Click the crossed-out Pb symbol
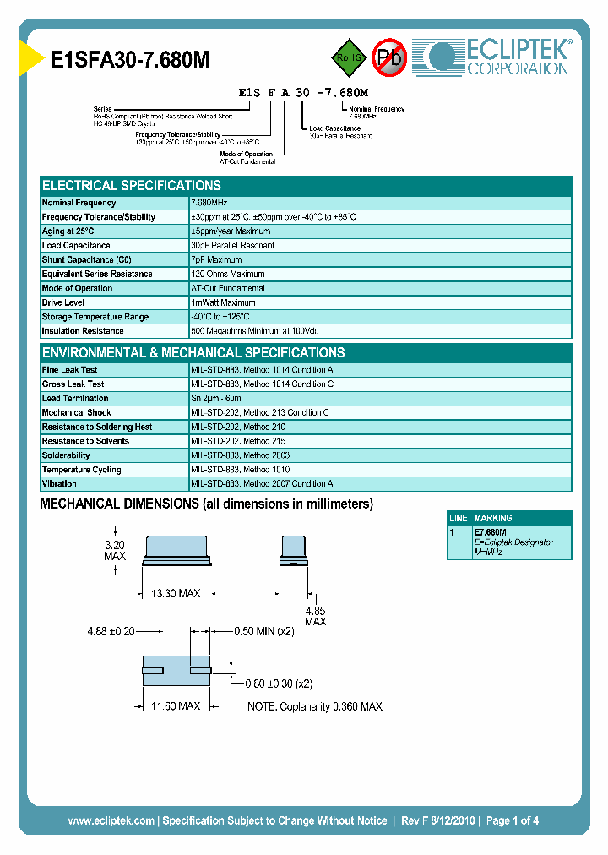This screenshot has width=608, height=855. click(389, 57)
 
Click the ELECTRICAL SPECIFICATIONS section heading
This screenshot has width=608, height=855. click(132, 186)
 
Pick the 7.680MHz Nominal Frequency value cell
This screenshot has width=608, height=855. click(209, 203)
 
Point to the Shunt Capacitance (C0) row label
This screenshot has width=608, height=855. click(87, 260)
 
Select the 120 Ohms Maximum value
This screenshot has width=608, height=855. click(228, 275)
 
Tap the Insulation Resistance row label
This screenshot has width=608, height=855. click(83, 331)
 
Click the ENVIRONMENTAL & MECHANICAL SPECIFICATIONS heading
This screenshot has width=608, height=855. click(193, 353)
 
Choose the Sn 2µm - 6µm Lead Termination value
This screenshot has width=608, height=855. click(216, 398)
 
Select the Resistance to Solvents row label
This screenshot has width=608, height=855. click(85, 441)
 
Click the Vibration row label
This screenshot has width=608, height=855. click(59, 484)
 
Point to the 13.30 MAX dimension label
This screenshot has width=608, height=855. click(176, 594)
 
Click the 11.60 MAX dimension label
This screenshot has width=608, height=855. click(176, 705)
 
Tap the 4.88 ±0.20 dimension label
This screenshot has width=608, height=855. click(111, 630)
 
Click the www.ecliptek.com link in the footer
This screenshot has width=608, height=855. click(111, 820)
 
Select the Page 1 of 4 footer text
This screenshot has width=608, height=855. click(513, 820)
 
